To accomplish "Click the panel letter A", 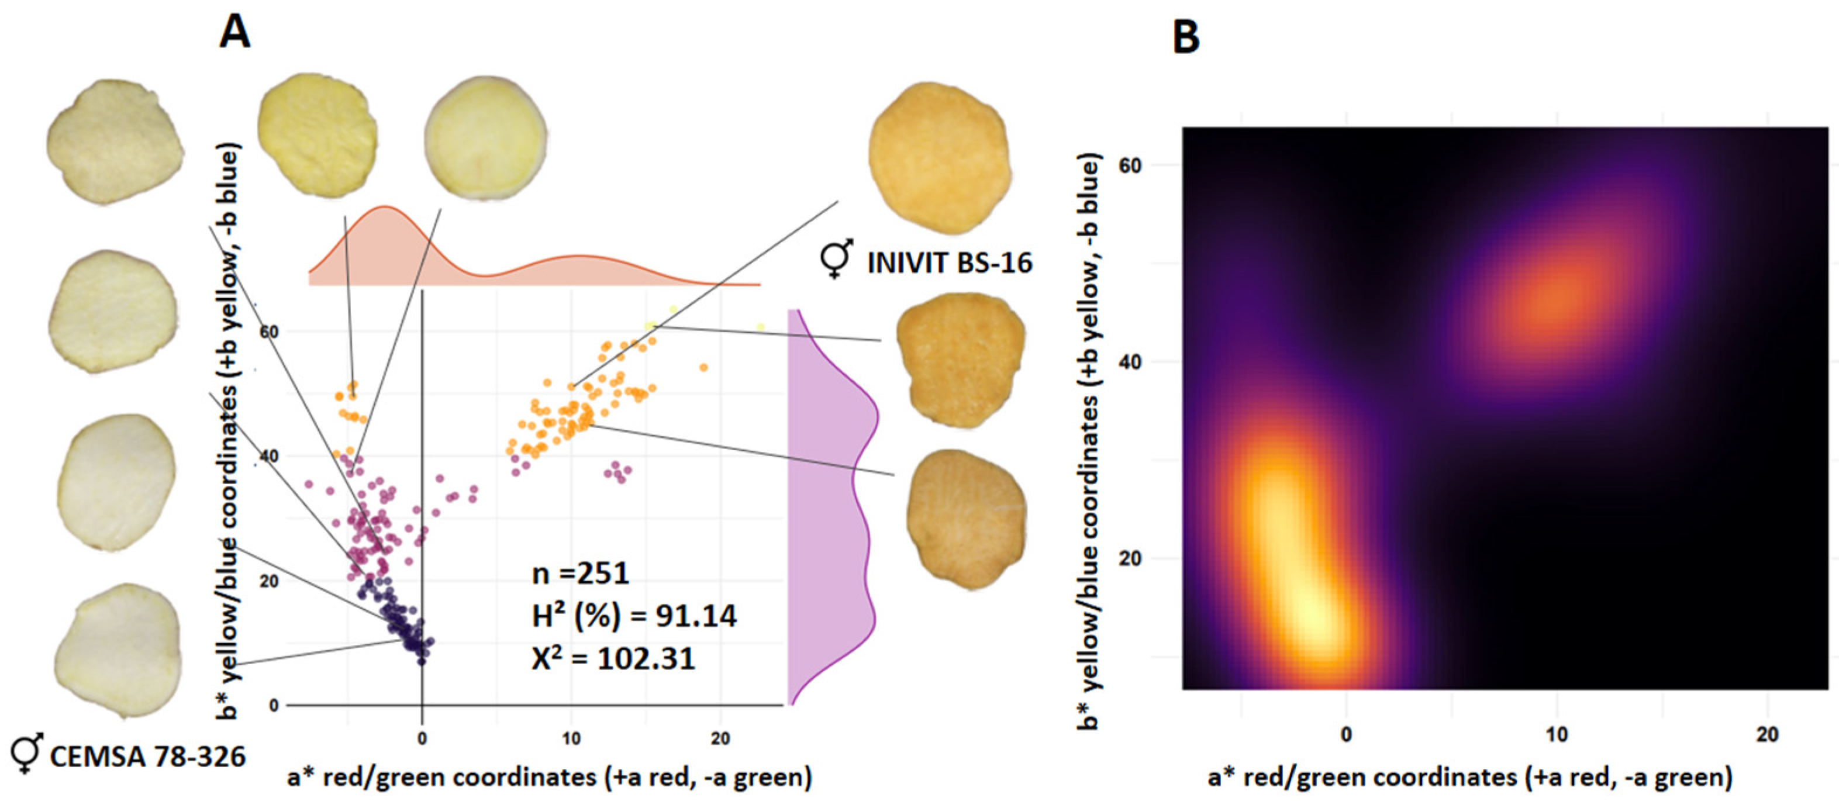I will pyautogui.click(x=235, y=33).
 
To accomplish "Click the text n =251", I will pyautogui.click(x=581, y=573).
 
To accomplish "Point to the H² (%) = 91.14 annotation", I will pyautogui.click(x=634, y=616).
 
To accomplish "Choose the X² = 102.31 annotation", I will pyautogui.click(x=613, y=658).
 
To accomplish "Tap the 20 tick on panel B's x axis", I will pyautogui.click(x=1767, y=734).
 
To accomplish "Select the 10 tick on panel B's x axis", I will pyautogui.click(x=1557, y=734).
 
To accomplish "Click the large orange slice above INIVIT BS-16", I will pyautogui.click(x=940, y=158).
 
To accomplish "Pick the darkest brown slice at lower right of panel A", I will pyautogui.click(x=966, y=519).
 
